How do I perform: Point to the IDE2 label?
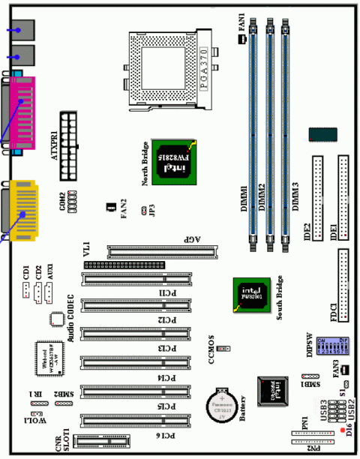point(307,235)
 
